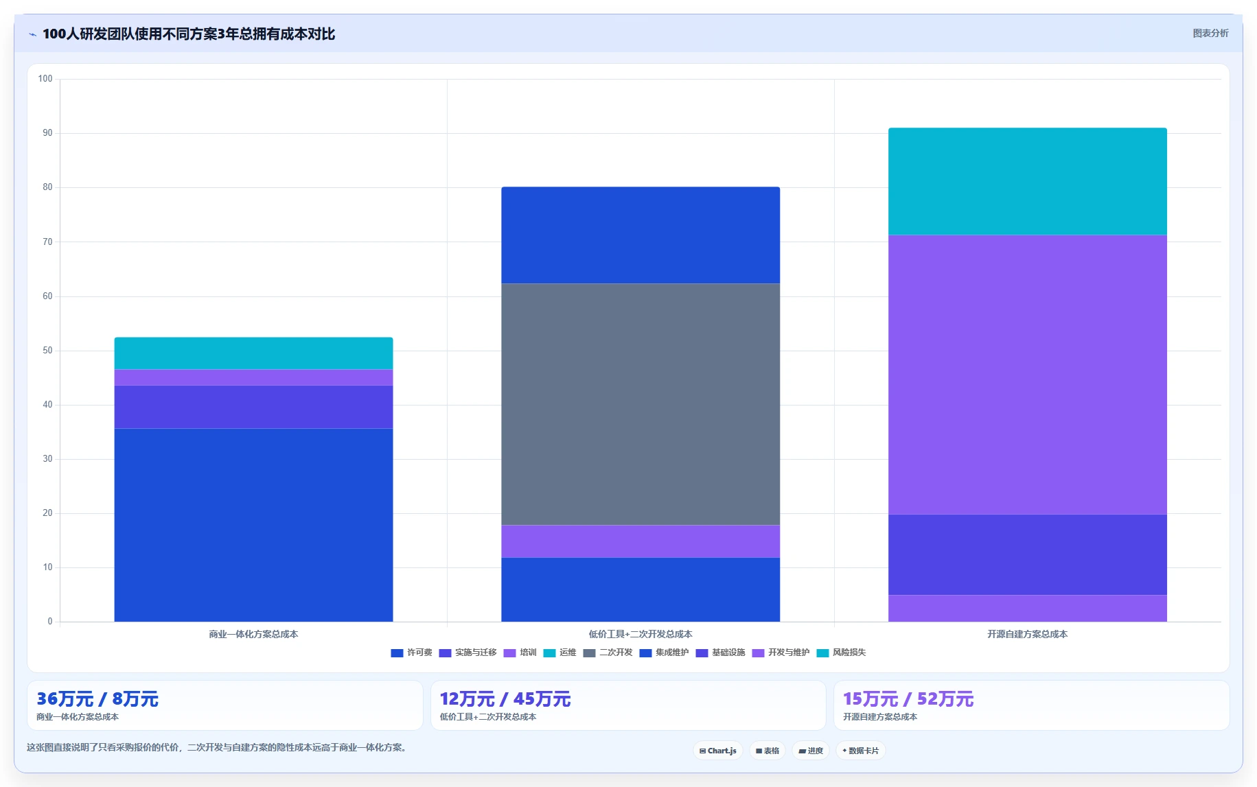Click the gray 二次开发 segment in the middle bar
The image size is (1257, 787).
pos(641,404)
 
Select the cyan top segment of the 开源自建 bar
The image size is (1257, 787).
pos(1027,182)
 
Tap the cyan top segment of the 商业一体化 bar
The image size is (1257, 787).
pos(253,353)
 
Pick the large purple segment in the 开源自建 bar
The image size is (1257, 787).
pos(1027,375)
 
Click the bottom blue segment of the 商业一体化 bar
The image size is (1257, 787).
pos(253,525)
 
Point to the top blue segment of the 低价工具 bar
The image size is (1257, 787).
pos(641,235)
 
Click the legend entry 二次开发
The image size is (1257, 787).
pos(608,653)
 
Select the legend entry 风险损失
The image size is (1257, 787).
pos(842,653)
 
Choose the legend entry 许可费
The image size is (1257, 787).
pos(412,653)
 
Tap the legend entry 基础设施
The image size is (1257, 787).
pos(721,653)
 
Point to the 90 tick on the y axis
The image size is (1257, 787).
pos(47,133)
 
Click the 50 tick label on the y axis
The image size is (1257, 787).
pos(47,351)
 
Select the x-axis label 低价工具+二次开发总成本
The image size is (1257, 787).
pos(641,634)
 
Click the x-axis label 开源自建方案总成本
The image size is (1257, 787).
pos(1027,634)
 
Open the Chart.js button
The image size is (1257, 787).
pos(718,751)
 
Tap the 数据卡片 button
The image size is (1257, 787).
pos(860,751)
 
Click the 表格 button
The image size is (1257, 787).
pos(768,751)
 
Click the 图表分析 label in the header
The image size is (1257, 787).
pos(1210,33)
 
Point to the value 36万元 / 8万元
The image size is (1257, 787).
pos(97,699)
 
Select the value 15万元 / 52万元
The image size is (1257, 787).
pos(908,699)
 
